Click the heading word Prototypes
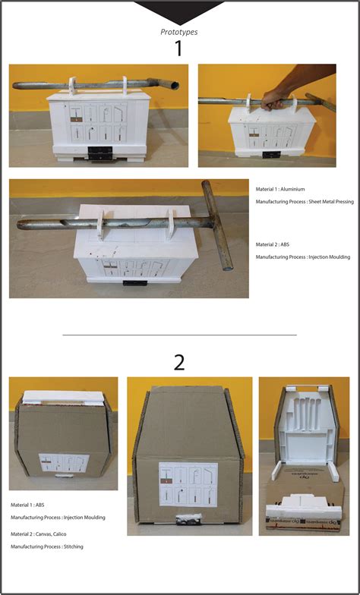pyautogui.click(x=179, y=32)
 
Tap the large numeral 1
pyautogui.click(x=179, y=49)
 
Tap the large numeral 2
pyautogui.click(x=179, y=362)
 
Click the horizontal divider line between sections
pyautogui.click(x=179, y=334)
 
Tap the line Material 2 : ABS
pyautogui.click(x=280, y=244)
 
